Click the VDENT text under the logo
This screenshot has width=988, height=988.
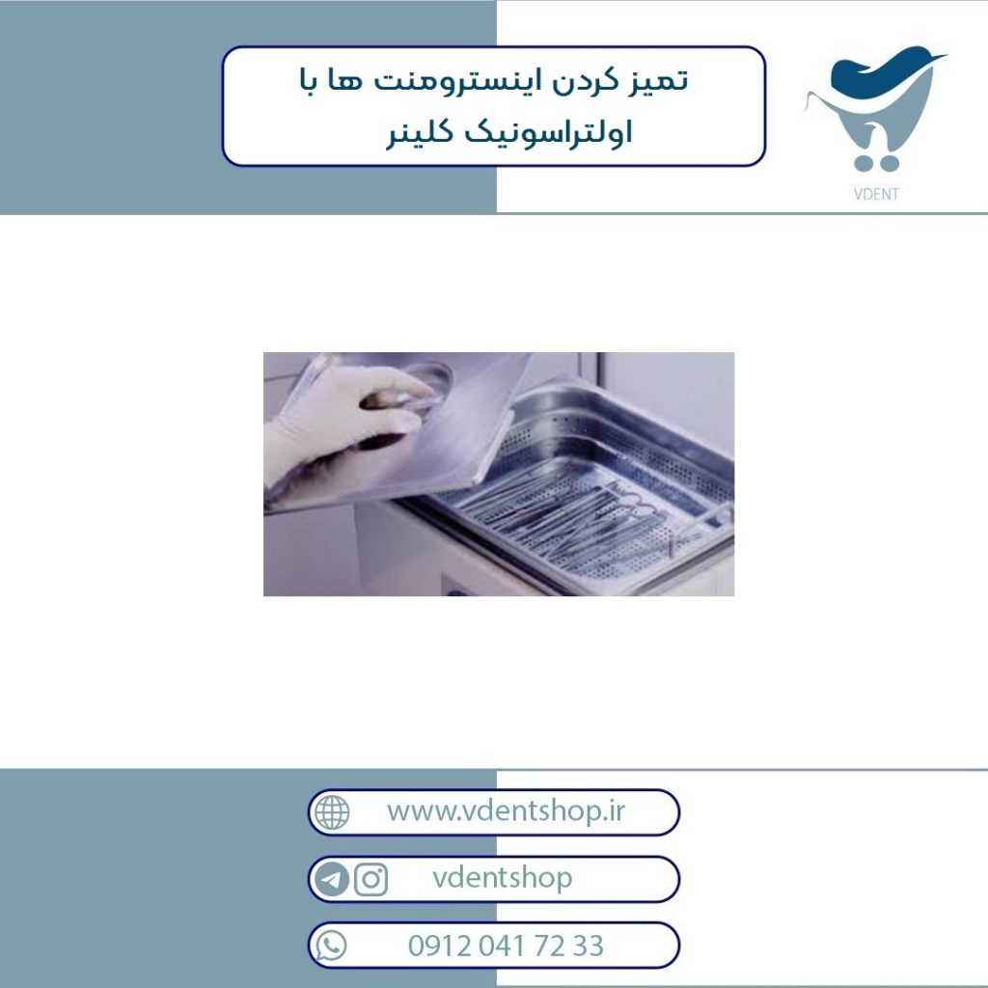click(x=876, y=194)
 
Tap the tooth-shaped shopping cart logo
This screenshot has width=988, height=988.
click(x=874, y=108)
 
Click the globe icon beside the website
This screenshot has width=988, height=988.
click(x=332, y=811)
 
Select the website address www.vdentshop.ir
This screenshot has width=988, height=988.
click(x=506, y=810)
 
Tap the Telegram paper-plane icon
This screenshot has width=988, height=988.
click(x=332, y=879)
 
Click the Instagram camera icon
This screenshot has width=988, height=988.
click(x=370, y=879)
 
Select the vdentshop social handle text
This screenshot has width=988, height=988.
click(x=502, y=878)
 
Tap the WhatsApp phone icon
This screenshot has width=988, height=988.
click(x=331, y=946)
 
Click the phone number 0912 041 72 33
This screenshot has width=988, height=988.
click(x=506, y=946)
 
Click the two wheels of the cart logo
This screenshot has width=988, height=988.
click(x=876, y=164)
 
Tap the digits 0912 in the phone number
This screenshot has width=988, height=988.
click(x=439, y=946)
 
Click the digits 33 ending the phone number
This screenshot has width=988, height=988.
click(x=589, y=946)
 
